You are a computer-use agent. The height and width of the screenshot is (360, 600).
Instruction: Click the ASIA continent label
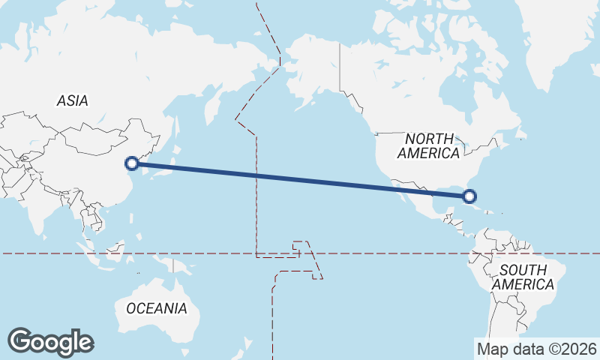click(73, 100)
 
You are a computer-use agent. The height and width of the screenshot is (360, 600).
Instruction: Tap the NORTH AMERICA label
click(429, 145)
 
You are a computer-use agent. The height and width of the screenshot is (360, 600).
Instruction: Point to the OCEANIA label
click(156, 308)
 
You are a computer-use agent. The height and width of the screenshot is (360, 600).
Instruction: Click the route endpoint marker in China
click(132, 163)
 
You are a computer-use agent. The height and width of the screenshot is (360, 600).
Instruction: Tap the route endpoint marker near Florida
click(469, 196)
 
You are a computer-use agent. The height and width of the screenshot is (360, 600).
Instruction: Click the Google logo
click(50, 342)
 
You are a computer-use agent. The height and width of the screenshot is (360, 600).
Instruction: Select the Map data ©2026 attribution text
click(537, 349)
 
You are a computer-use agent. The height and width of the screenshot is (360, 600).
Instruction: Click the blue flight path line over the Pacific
click(300, 180)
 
